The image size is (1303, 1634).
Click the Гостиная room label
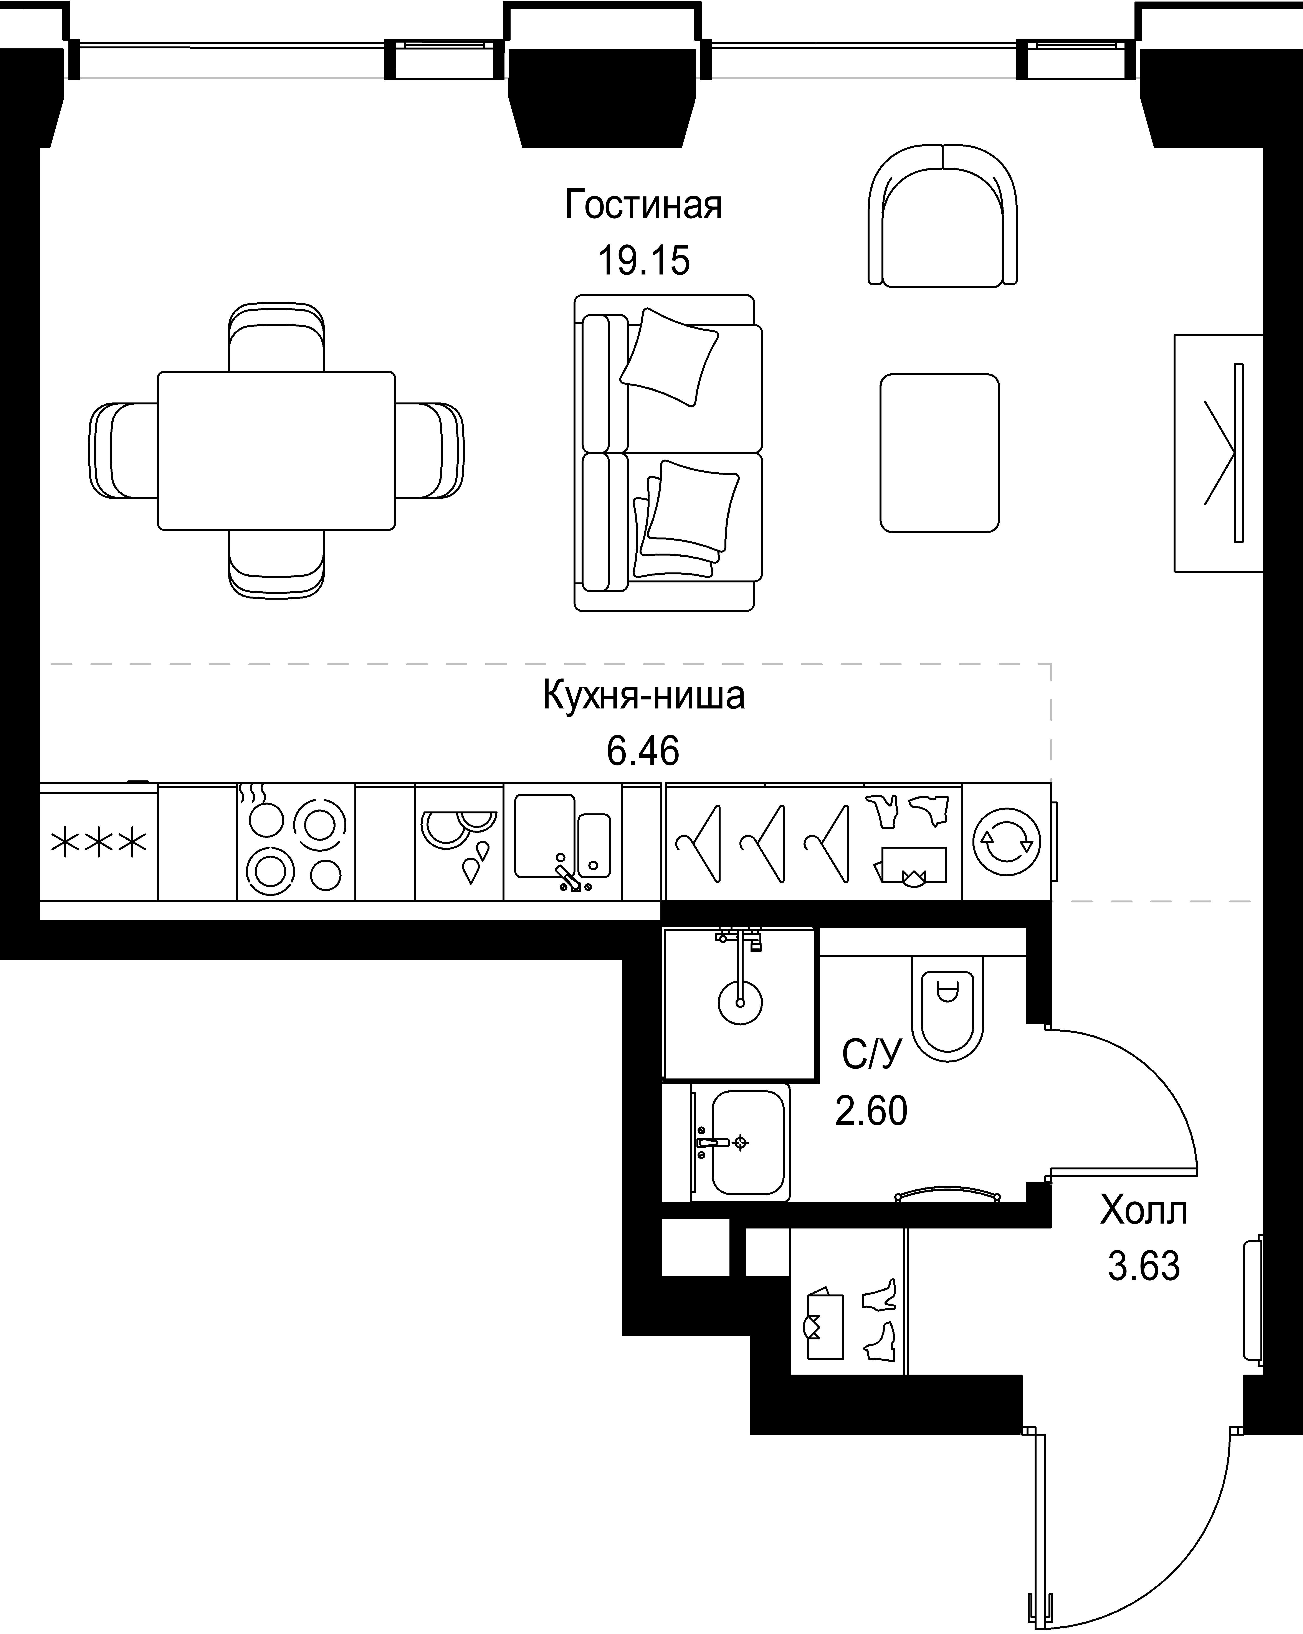click(643, 205)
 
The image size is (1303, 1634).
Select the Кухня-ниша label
click(643, 696)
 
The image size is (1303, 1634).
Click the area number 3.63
click(1144, 1266)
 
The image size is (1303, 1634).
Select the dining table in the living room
click(276, 450)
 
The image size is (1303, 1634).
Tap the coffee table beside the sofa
click(939, 452)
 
